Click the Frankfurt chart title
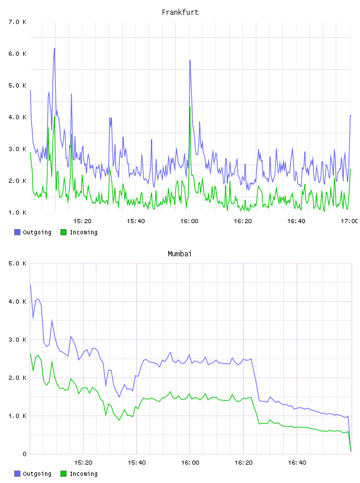coord(180,12)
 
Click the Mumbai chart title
coord(179,254)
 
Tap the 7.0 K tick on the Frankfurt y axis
coord(17,22)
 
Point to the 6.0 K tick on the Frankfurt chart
coord(17,54)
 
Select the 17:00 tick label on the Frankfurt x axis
coord(349,221)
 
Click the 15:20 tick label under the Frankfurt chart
coord(82,221)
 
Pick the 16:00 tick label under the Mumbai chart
coord(190,463)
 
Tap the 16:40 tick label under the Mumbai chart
coord(297,463)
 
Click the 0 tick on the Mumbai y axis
coord(24,454)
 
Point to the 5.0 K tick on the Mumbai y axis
coord(17,263)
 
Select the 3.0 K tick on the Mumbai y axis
coord(17,340)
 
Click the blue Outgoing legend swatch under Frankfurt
coord(17,232)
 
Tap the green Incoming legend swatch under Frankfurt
coord(63,232)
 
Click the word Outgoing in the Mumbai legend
coord(37,474)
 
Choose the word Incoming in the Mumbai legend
coord(83,474)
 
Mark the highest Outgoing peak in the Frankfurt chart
coord(54,49)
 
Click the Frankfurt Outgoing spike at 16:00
coord(190,60)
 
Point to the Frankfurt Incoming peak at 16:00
coord(190,107)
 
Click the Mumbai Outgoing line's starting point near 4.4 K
coord(30,285)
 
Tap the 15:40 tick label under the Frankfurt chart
coord(136,221)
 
